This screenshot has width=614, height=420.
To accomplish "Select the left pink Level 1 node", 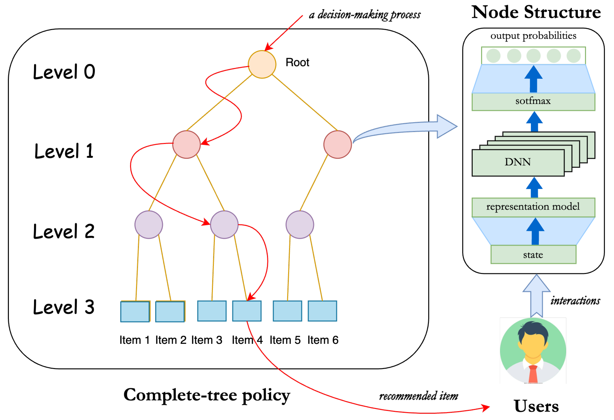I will click(x=186, y=145).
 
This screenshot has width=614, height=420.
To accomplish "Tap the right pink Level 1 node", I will click(x=337, y=145).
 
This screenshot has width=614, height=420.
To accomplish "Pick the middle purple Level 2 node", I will click(x=224, y=224).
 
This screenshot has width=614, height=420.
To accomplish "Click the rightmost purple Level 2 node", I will click(x=300, y=224).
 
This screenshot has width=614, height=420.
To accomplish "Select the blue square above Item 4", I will click(x=247, y=311).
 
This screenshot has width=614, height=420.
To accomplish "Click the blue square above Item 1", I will click(x=135, y=312).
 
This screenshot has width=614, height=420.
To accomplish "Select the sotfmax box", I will click(x=533, y=101).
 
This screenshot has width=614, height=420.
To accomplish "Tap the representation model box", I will click(x=533, y=207).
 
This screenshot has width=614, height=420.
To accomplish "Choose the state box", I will click(x=533, y=254).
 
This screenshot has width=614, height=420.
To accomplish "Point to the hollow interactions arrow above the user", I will click(x=536, y=296).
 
